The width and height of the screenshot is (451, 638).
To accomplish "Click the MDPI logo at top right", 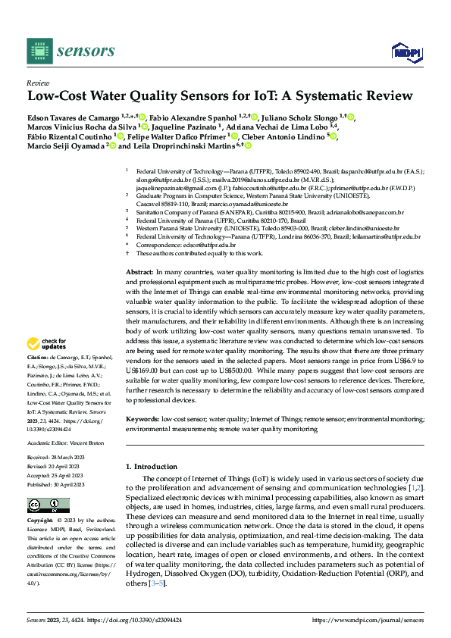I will click(406, 51).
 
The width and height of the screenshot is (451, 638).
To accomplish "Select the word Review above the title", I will click(37, 83).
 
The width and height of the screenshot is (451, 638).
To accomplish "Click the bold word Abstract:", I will click(139, 271).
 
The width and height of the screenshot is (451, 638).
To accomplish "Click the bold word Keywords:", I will click(143, 418).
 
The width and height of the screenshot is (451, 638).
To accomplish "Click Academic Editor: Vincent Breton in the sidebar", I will click(64, 443).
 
